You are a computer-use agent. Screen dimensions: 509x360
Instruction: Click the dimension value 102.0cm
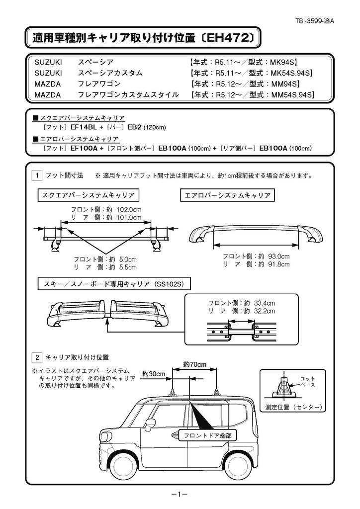tap(128, 209)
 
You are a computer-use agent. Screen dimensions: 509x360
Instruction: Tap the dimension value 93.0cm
tap(278, 256)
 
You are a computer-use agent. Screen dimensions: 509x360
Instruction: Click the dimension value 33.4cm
tap(264, 303)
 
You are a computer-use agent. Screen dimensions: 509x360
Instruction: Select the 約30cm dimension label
tap(154, 374)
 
